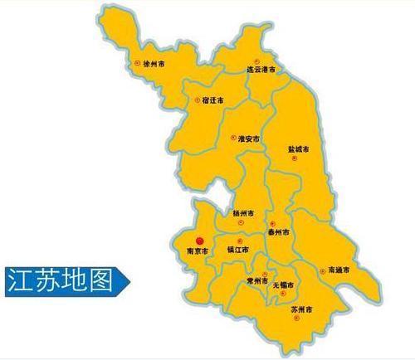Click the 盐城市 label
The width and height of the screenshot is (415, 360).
pyautogui.click(x=298, y=150)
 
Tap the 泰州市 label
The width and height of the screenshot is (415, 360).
pyautogui.click(x=280, y=234)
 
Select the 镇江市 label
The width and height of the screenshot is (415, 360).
pyautogui.click(x=239, y=250)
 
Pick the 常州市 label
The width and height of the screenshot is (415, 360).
pyautogui.click(x=256, y=282)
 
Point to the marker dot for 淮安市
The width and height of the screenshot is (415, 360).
pyautogui.click(x=233, y=138)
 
